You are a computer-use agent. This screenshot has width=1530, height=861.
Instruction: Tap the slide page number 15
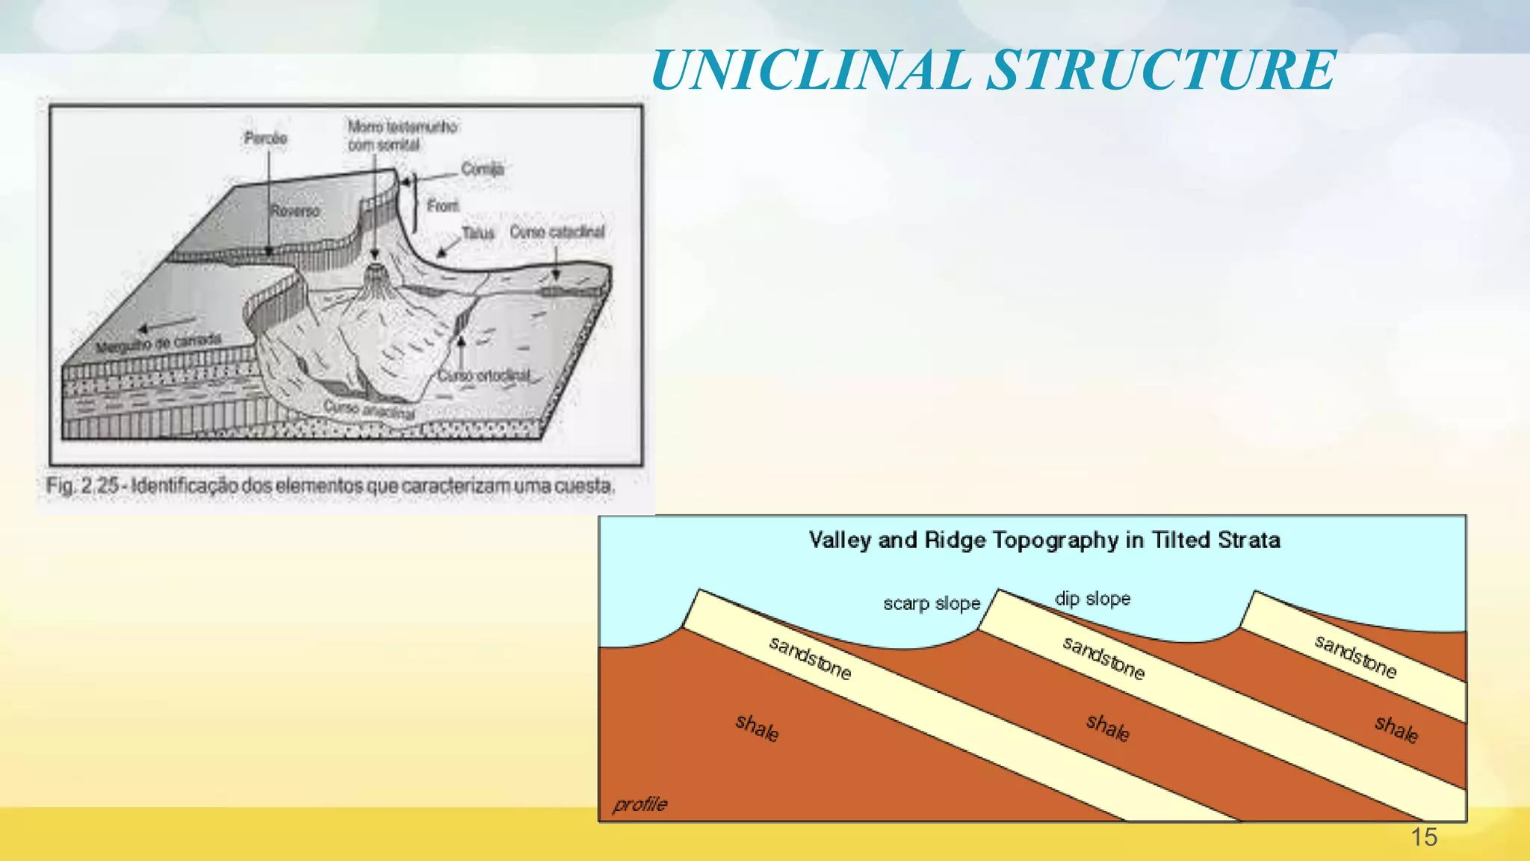pos(1424,837)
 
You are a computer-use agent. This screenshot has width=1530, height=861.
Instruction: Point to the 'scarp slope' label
pos(932,603)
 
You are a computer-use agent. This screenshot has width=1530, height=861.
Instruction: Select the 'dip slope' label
pos(1092,599)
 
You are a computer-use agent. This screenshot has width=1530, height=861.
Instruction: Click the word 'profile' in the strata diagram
pos(639,804)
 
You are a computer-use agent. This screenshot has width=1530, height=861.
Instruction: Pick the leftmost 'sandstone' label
pos(811,658)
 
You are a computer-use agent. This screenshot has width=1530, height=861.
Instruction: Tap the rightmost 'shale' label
pos(1396,729)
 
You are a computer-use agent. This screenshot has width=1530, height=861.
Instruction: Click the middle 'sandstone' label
pos(1103,658)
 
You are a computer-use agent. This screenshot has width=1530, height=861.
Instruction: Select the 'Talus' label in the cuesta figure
pos(478,233)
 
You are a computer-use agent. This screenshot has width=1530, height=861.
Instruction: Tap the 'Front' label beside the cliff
pos(443,206)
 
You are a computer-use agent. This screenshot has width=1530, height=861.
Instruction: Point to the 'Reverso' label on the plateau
pos(295,212)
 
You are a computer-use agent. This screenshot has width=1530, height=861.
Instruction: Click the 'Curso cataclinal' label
pos(557,232)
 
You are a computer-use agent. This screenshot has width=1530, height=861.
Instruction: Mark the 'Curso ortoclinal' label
pos(484,375)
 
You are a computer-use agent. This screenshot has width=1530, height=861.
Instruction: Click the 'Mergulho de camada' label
pos(158,343)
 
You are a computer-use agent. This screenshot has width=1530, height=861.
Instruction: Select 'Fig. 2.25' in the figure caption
pos(82,486)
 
